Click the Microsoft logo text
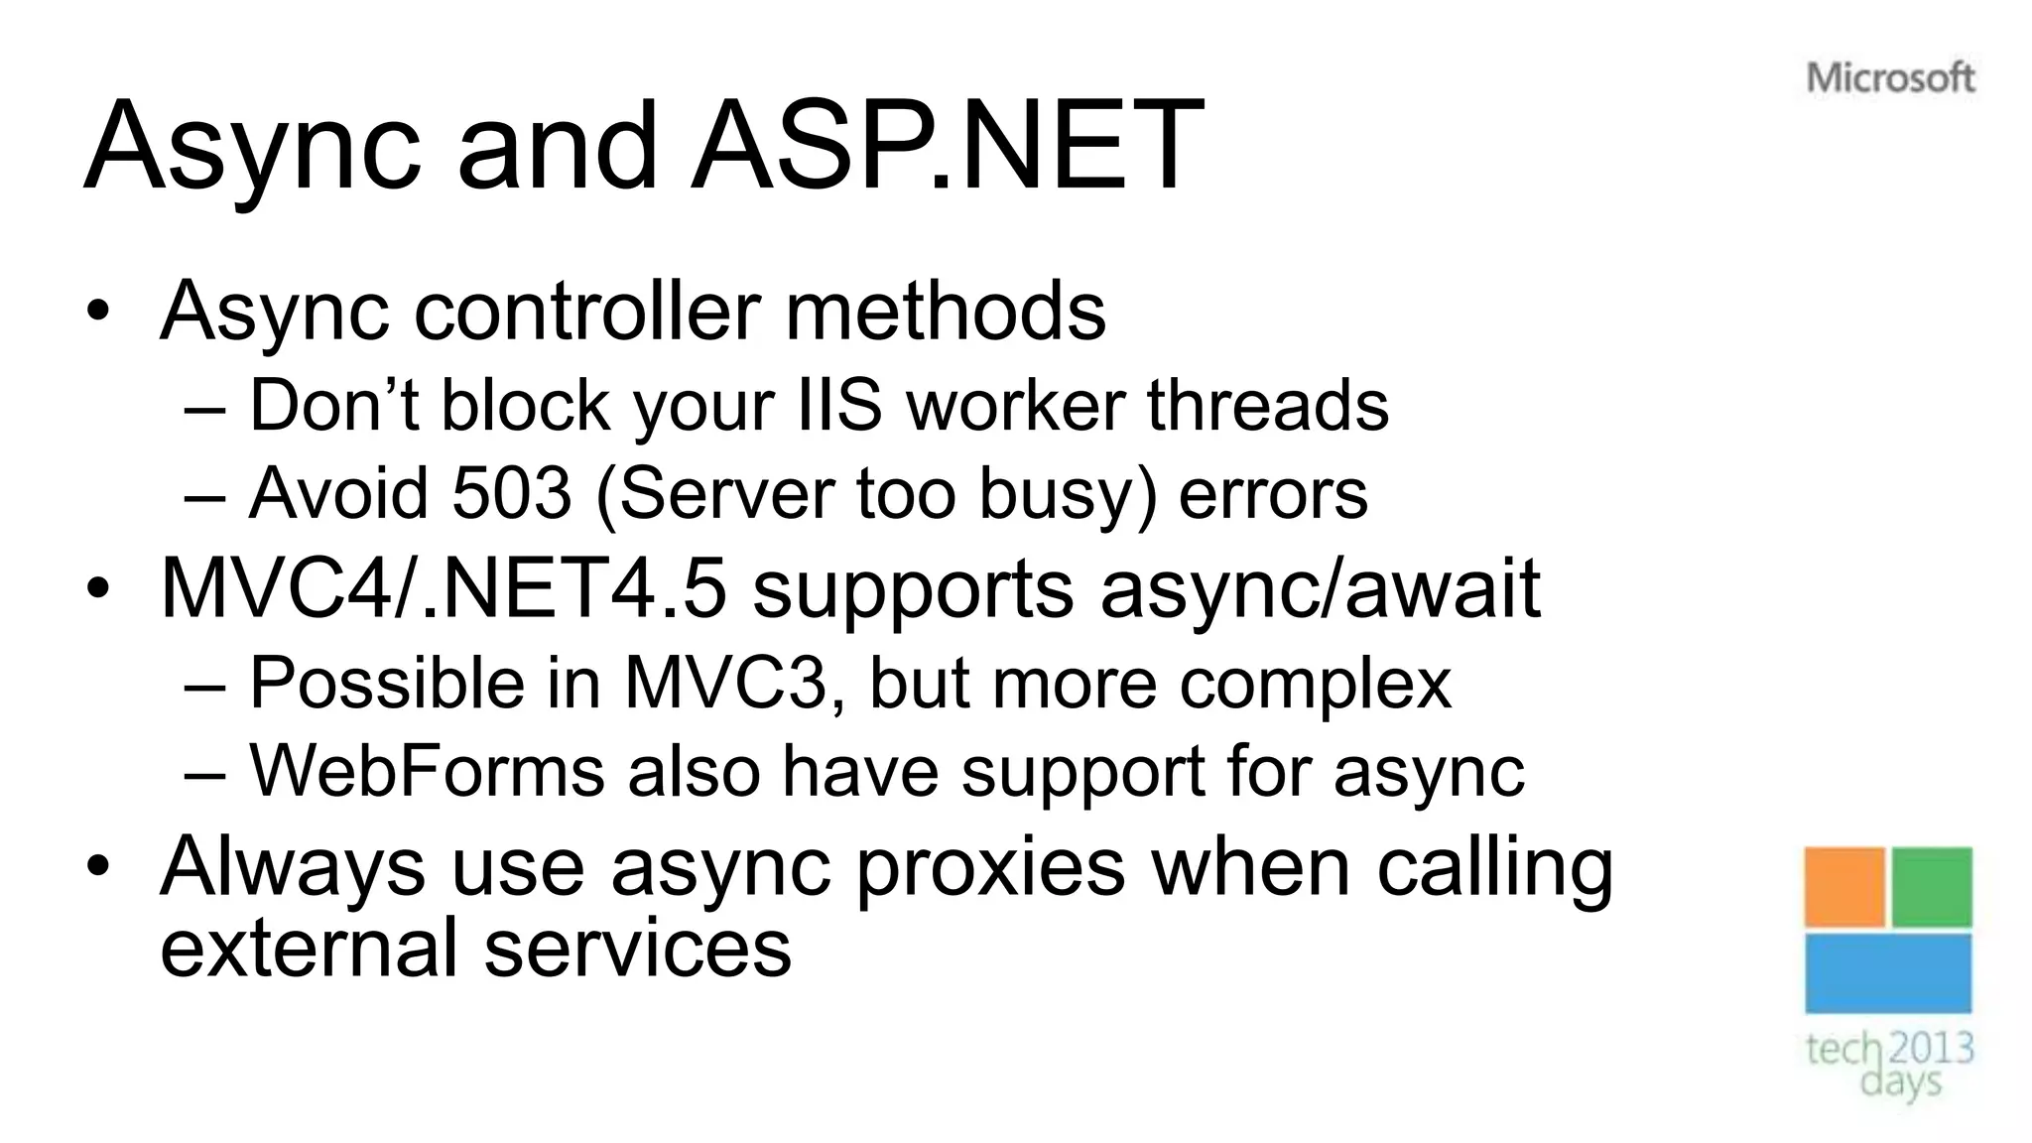click(1890, 77)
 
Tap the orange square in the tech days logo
click(1843, 886)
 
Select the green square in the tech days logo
click(1931, 886)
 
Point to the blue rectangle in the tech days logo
click(1887, 973)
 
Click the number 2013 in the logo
click(1930, 1048)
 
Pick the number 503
click(512, 493)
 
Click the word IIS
click(838, 406)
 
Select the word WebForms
click(427, 771)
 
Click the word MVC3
click(725, 683)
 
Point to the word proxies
click(990, 866)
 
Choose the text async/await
click(1320, 588)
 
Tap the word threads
click(1267, 406)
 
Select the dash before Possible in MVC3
click(205, 685)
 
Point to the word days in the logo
click(1900, 1080)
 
